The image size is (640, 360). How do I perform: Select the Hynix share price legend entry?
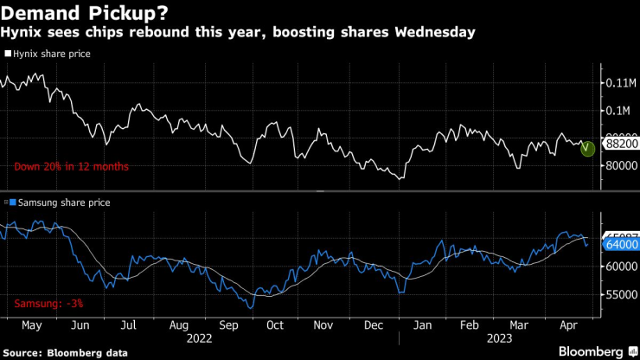(51, 54)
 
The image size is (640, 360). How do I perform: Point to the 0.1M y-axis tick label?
(618, 111)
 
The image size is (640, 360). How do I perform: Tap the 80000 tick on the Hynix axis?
(622, 166)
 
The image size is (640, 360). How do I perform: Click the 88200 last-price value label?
(622, 148)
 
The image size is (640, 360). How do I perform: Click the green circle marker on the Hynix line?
(588, 149)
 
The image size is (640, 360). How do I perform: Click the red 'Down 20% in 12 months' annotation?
(71, 166)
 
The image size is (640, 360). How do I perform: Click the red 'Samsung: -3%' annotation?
(48, 304)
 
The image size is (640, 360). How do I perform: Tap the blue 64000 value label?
(622, 245)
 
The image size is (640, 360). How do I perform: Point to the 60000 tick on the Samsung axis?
(622, 267)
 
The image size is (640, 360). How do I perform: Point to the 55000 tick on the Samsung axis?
(622, 296)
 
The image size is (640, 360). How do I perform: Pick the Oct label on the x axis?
(274, 326)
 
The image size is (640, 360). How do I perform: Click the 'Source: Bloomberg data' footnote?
(67, 353)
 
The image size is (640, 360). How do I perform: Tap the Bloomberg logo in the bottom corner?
(592, 351)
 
